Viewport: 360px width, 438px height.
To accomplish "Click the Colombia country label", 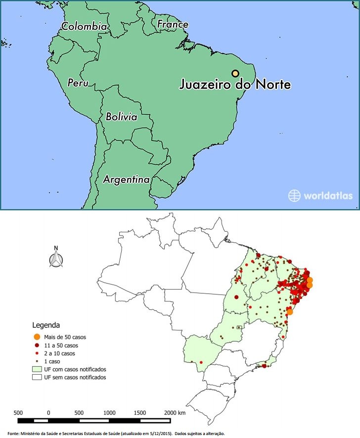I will coord(84,26).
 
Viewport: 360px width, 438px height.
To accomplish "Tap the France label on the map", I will coord(173,24).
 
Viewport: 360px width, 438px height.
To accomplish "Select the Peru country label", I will coord(78,83).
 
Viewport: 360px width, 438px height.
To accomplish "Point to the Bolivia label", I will coord(122,117).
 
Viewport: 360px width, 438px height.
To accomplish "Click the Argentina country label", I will coord(126,180).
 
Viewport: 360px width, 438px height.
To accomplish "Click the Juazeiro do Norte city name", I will coord(234,85).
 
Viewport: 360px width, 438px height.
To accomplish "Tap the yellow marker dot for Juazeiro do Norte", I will coord(236,72).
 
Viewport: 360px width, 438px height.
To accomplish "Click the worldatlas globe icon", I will coord(294,195).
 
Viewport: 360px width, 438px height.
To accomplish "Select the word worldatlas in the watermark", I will coord(328,195).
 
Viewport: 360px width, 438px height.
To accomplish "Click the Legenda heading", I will coord(46,326).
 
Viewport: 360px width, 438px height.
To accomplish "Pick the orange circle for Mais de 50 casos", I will coord(37,337).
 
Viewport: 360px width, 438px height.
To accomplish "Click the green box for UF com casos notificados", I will coord(37,369).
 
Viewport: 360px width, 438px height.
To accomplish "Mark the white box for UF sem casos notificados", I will coord(37,377).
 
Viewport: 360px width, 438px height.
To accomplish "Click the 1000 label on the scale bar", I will coord(109,412).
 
